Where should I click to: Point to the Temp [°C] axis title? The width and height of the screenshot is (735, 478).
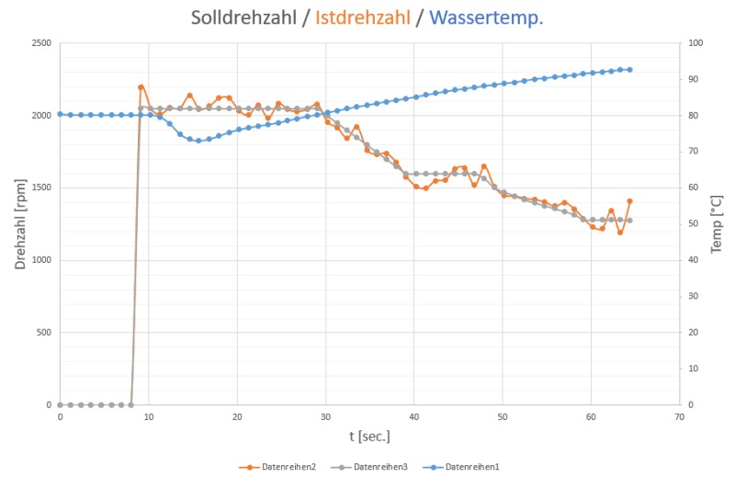(x=718, y=223)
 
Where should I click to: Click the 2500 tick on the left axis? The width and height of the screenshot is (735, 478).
(x=40, y=43)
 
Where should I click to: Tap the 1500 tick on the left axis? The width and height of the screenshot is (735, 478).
(x=40, y=188)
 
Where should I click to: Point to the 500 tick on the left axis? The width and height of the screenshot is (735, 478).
(x=44, y=333)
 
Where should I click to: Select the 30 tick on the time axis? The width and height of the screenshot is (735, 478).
(x=325, y=417)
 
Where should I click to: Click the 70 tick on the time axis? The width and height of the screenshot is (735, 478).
(x=679, y=417)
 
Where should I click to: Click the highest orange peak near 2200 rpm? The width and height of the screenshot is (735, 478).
(x=141, y=87)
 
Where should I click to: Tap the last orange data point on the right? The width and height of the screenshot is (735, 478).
(x=630, y=200)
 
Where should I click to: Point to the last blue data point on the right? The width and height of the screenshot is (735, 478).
(x=629, y=70)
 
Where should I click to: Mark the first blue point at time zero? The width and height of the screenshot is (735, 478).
(x=60, y=114)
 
